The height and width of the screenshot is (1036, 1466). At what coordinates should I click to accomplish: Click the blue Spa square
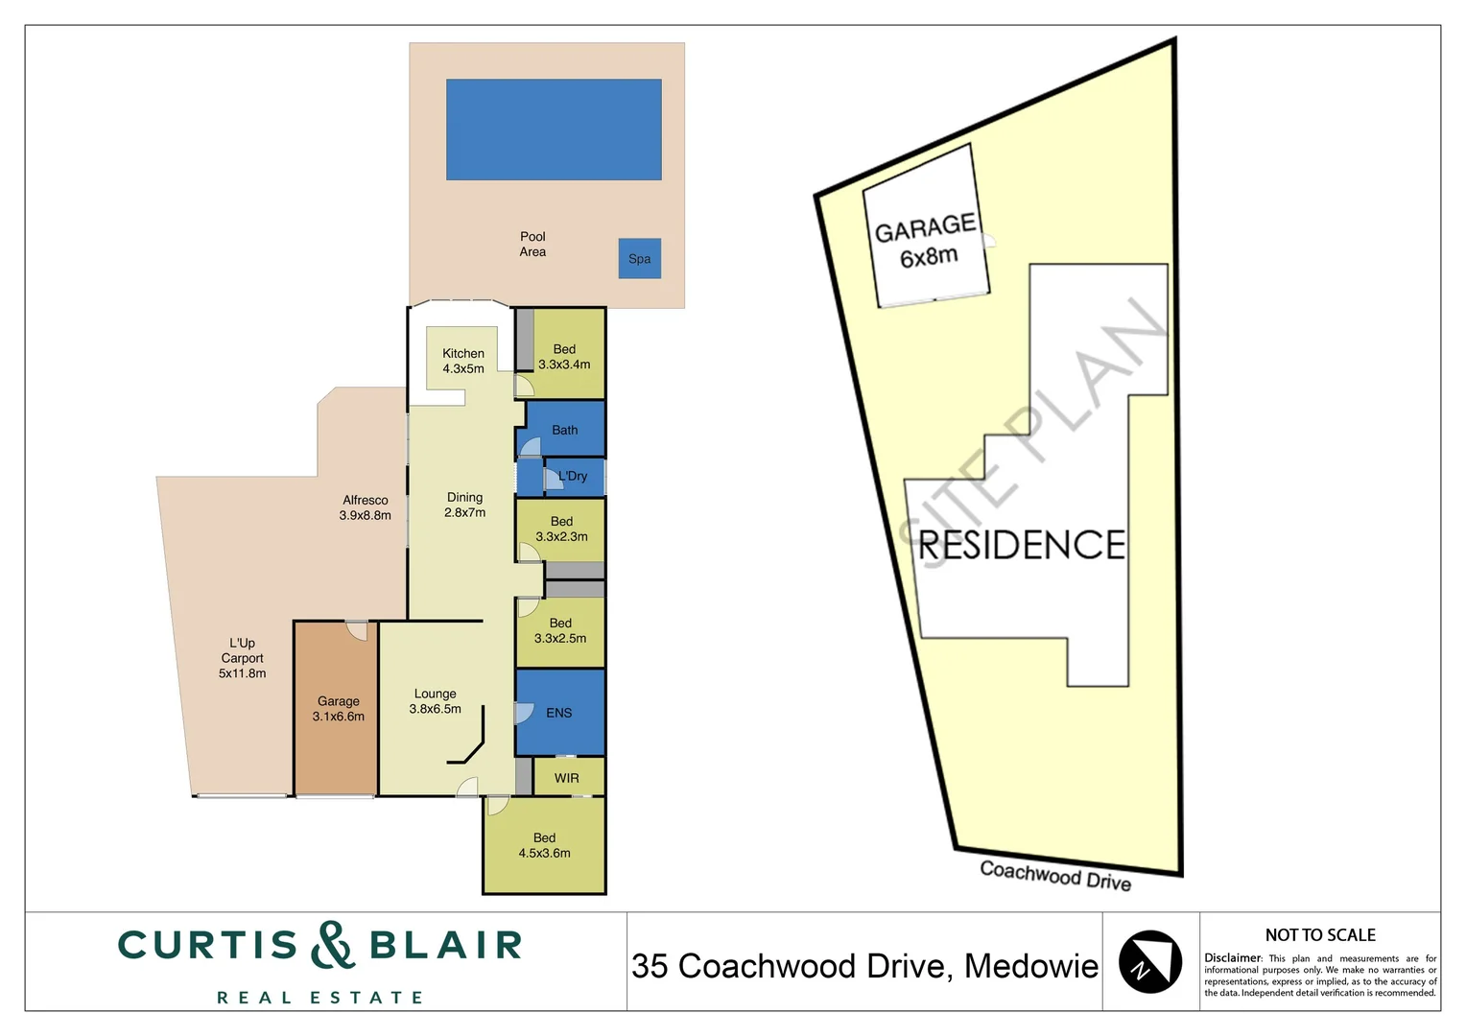click(639, 259)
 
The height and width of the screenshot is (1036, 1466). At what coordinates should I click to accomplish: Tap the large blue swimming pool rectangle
click(554, 129)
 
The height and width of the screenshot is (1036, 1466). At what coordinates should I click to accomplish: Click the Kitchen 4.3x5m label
click(463, 361)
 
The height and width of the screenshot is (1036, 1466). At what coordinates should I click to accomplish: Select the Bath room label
click(564, 430)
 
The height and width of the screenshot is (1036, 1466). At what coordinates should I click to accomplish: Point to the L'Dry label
click(573, 476)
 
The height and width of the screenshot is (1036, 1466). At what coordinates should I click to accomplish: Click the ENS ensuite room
click(559, 713)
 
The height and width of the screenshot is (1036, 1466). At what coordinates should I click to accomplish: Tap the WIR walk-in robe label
click(567, 778)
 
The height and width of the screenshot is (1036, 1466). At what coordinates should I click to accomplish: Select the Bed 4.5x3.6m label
click(544, 845)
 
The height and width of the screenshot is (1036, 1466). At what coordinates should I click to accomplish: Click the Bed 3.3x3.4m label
click(564, 357)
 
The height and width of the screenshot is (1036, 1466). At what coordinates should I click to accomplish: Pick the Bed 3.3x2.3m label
click(561, 530)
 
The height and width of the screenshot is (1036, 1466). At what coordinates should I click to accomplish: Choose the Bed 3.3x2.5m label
click(560, 630)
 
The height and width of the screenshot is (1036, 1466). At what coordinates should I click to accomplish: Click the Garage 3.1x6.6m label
click(339, 709)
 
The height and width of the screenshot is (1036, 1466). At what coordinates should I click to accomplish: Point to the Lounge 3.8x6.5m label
click(436, 701)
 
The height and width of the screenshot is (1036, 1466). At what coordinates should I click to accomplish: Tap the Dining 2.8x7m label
click(464, 505)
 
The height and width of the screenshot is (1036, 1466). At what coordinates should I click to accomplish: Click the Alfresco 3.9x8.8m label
click(366, 507)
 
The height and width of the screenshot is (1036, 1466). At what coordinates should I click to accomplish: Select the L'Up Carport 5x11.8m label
click(242, 658)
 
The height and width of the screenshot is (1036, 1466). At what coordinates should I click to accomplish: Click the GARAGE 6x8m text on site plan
click(927, 241)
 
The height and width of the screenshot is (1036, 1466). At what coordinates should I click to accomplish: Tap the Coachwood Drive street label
click(1055, 876)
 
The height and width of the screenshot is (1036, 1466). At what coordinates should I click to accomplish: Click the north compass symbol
click(1149, 961)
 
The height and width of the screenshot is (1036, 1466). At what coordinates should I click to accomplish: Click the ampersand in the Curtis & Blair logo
click(333, 945)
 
